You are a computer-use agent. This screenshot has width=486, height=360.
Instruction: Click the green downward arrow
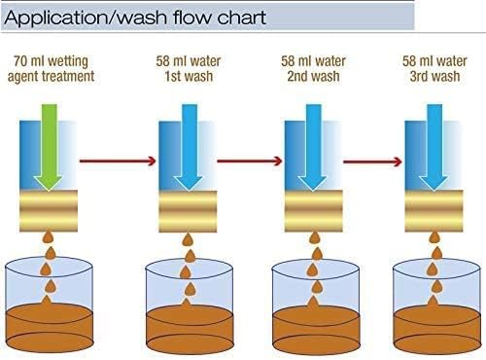[49, 147]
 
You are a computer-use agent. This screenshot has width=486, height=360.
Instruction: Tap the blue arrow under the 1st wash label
[189, 147]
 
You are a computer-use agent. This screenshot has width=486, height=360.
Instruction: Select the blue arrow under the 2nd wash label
[313, 147]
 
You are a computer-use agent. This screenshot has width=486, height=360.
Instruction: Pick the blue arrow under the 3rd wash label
[434, 147]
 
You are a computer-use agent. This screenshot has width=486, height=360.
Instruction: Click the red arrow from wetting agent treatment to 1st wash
[118, 161]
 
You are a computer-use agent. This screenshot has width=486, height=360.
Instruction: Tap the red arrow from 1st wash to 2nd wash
[250, 161]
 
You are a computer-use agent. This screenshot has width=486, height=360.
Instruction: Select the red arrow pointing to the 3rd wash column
[373, 162]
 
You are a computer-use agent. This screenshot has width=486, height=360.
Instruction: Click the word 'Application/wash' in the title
[86, 18]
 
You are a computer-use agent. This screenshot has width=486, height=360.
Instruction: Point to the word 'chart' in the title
[242, 18]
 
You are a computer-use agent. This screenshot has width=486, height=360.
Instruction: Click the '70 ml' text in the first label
[29, 61]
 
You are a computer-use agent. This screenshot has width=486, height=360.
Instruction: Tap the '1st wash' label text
[189, 76]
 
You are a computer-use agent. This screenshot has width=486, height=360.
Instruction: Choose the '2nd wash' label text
[313, 76]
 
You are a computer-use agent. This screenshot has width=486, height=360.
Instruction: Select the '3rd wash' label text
[434, 76]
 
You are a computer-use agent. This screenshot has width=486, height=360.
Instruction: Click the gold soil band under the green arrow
[49, 210]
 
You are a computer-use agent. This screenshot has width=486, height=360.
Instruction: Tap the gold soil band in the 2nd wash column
[314, 210]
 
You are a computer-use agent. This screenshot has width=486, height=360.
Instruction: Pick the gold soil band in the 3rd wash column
[434, 210]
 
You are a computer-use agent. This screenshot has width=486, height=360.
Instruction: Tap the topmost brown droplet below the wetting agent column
[49, 237]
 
